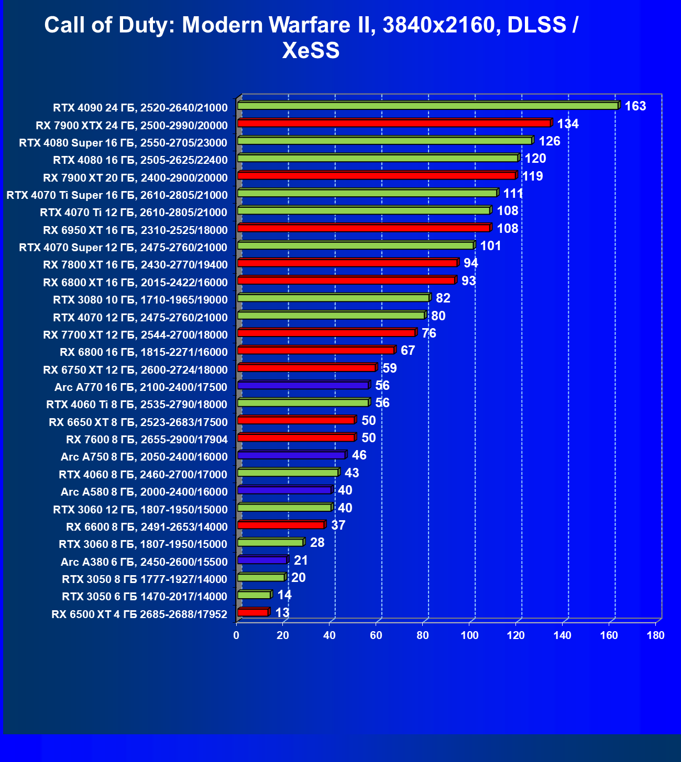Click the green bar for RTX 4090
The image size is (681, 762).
click(427, 106)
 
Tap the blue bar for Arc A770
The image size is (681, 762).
click(303, 386)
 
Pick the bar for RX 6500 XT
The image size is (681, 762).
click(252, 612)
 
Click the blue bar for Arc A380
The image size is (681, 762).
click(262, 560)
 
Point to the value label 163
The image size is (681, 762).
click(635, 106)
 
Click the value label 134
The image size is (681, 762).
click(567, 124)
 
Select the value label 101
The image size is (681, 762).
click(490, 246)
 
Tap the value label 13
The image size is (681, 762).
click(282, 613)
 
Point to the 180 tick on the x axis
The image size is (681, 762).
click(655, 635)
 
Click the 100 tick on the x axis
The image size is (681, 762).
click(469, 635)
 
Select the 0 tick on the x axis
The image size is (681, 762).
click(236, 635)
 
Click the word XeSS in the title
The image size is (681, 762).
click(311, 51)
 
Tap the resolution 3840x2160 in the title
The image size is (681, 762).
click(438, 25)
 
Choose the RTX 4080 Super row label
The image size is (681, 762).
click(123, 143)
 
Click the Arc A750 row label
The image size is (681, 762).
click(144, 457)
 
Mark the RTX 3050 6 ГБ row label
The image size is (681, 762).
click(144, 597)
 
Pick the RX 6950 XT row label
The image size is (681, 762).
click(135, 230)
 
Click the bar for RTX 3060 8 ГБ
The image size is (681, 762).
click(270, 543)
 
